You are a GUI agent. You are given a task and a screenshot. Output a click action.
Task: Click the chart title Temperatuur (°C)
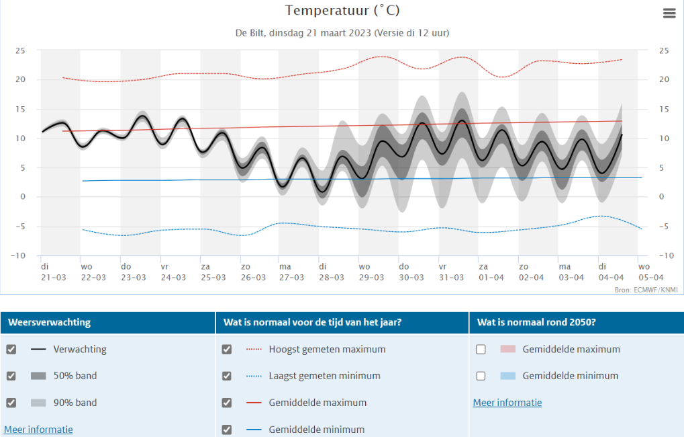click(x=342, y=11)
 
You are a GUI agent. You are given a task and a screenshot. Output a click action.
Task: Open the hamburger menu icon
click(x=669, y=13)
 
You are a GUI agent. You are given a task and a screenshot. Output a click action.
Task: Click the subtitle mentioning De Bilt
click(x=342, y=33)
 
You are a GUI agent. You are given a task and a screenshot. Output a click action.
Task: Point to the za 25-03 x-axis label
click(x=213, y=272)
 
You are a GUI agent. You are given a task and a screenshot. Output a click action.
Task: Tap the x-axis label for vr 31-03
click(x=451, y=272)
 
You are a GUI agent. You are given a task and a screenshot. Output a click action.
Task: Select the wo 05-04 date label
click(x=651, y=272)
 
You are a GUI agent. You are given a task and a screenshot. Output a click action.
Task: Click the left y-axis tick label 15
click(x=20, y=109)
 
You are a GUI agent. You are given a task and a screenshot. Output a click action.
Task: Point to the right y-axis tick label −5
click(x=663, y=227)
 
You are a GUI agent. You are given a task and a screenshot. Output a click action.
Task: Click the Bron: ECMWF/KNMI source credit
click(x=646, y=290)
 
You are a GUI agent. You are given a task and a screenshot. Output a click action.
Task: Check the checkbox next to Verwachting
click(x=11, y=349)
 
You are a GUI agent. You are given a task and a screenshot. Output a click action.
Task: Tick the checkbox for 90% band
click(x=11, y=403)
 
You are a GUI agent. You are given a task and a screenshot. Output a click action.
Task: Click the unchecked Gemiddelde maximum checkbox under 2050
click(x=481, y=349)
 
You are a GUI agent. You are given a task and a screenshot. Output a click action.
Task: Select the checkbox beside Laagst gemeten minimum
click(x=227, y=376)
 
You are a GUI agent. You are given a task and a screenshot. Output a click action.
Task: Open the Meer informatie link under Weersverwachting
click(x=38, y=430)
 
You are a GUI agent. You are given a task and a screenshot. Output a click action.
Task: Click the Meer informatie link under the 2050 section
click(x=507, y=403)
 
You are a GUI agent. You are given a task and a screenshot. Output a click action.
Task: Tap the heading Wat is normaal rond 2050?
click(x=536, y=323)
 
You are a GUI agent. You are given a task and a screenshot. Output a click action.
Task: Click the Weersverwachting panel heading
click(x=49, y=323)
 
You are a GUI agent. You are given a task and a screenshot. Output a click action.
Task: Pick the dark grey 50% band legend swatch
click(x=38, y=376)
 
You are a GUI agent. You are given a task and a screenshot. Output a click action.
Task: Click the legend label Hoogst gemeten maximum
click(x=327, y=349)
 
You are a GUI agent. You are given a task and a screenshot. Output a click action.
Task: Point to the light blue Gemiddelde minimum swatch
click(x=507, y=376)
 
